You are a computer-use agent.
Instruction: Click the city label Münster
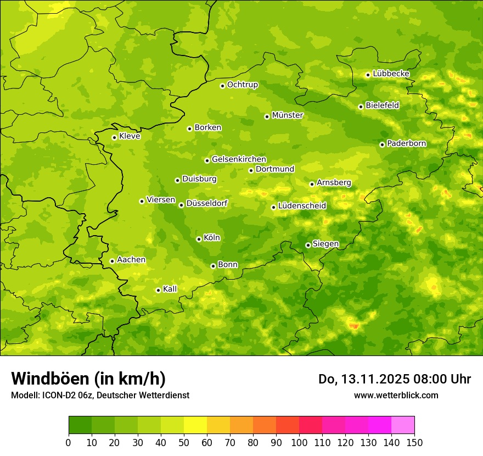coord(288,115)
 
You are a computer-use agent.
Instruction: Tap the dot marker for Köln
coord(199,239)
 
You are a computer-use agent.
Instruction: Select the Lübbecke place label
coord(391,74)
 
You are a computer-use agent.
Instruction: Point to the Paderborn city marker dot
coord(382,144)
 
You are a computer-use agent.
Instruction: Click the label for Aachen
coord(131,260)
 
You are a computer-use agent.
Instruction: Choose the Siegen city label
coord(325,244)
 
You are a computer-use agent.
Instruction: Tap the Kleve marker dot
coord(114,137)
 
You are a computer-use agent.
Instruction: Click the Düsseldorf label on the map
coord(207,204)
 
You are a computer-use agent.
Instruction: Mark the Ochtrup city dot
coord(222,86)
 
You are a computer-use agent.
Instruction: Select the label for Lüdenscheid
coord(302,206)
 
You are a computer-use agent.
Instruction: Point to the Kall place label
coord(170,289)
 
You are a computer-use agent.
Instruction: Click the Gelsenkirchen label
coord(239,159)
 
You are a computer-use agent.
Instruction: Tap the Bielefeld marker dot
coord(361,107)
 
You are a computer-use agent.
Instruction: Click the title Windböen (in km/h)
coord(88,379)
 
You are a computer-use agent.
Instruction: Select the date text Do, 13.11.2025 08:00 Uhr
coord(394,379)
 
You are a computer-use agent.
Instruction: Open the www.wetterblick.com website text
coord(396,395)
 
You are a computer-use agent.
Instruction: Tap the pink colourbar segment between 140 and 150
coord(403,425)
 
